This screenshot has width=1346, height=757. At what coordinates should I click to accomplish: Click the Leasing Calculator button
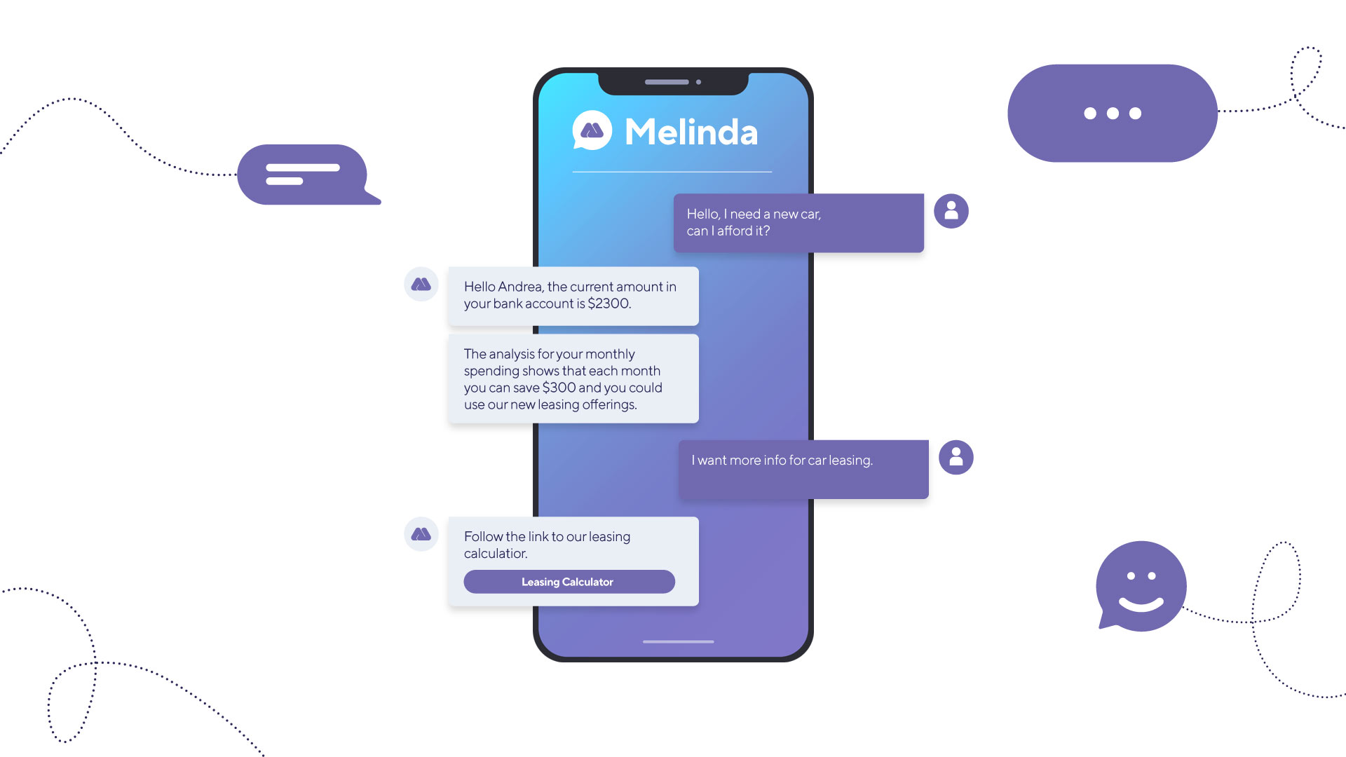(x=569, y=582)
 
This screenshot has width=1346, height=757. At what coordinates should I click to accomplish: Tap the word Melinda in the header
(x=691, y=132)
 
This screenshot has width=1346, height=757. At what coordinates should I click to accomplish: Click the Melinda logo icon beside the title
(x=592, y=130)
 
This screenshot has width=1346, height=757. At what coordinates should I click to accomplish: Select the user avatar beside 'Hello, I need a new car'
(x=951, y=211)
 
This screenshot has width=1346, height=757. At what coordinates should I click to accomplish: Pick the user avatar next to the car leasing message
(x=956, y=458)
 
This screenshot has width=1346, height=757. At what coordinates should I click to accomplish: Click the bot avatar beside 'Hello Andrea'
(x=421, y=284)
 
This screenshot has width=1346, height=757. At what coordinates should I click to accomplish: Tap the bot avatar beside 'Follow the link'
(x=421, y=534)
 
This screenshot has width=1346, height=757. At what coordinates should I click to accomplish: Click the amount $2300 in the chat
(x=609, y=304)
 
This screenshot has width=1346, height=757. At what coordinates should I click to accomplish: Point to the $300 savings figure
(x=559, y=388)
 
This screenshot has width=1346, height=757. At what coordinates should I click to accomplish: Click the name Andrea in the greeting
(x=521, y=287)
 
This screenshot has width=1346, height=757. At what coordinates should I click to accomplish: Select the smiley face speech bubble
(x=1141, y=587)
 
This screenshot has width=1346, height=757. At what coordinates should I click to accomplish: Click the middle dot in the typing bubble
(x=1113, y=114)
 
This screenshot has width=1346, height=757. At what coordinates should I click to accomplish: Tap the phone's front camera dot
(x=698, y=82)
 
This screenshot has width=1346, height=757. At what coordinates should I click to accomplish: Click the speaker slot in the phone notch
(x=667, y=82)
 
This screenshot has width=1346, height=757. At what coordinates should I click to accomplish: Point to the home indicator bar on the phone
(x=678, y=641)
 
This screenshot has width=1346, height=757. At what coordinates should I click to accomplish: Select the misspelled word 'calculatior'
(x=496, y=554)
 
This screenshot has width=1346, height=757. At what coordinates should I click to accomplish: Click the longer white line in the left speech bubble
(x=303, y=168)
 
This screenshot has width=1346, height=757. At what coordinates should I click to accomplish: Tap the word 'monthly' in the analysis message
(x=610, y=355)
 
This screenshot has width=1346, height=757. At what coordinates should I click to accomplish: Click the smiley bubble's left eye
(x=1130, y=576)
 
